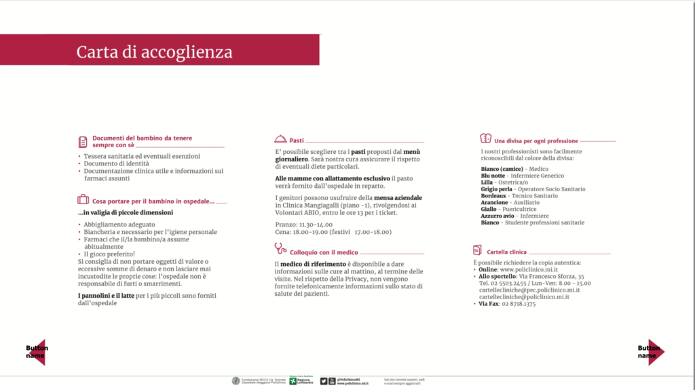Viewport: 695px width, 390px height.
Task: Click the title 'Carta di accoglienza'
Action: click(x=154, y=52)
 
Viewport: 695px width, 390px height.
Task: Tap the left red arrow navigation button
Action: click(x=37, y=352)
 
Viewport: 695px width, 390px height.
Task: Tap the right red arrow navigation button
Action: click(x=654, y=352)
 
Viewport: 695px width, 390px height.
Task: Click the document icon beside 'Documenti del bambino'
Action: click(x=83, y=142)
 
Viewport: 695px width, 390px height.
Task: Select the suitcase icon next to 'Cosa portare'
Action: click(x=83, y=200)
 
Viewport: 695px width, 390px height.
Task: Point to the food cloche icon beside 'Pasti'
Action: click(x=280, y=139)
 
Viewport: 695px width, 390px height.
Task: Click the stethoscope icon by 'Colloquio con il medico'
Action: click(x=280, y=248)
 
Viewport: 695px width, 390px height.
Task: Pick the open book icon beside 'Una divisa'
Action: click(x=486, y=139)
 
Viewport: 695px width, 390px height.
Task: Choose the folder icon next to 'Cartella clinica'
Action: click(x=477, y=251)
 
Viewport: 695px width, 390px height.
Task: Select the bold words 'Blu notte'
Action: click(x=493, y=176)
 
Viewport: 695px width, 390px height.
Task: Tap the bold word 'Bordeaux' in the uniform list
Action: click(x=493, y=196)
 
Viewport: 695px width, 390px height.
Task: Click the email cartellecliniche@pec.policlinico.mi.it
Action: click(x=524, y=290)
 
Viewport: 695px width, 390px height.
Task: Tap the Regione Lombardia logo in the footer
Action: click(x=300, y=381)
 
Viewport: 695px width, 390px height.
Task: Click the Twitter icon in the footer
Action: click(x=324, y=381)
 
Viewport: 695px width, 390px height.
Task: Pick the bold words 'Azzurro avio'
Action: click(x=497, y=216)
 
